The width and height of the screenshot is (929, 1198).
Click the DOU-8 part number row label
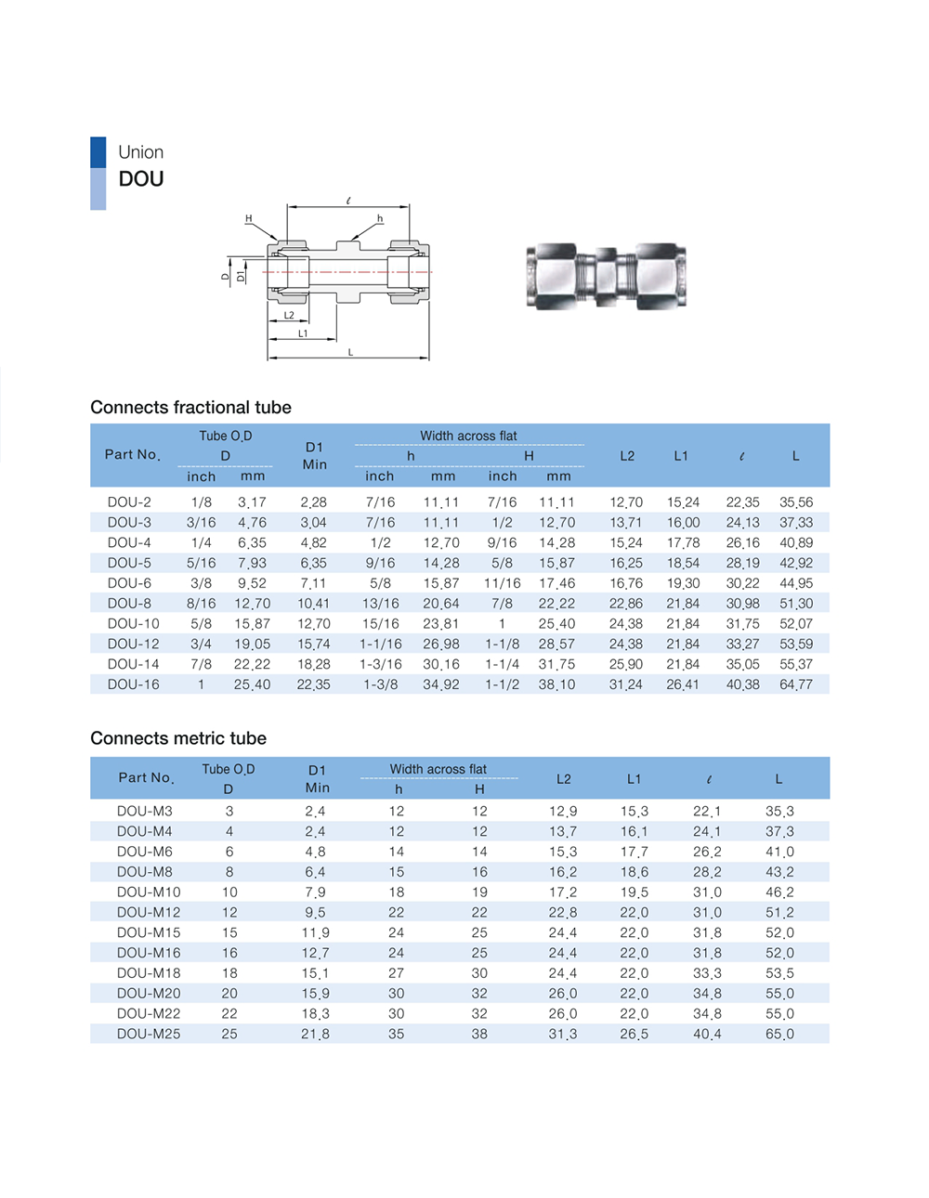pyautogui.click(x=129, y=604)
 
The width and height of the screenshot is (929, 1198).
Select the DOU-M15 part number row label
pyautogui.click(x=149, y=932)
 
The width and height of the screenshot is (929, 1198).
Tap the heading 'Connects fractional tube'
pyautogui.click(x=190, y=408)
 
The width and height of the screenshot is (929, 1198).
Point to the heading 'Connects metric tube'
pyautogui.click(x=178, y=738)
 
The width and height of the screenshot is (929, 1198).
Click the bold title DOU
pyautogui.click(x=141, y=179)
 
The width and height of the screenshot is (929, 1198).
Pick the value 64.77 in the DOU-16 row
pyautogui.click(x=796, y=684)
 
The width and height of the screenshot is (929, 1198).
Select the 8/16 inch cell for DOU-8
pyautogui.click(x=201, y=604)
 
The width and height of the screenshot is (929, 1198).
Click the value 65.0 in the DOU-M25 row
pyautogui.click(x=779, y=1034)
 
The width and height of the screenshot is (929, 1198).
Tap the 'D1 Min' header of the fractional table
pyautogui.click(x=314, y=456)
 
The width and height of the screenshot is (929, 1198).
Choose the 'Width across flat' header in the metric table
pyautogui.click(x=438, y=769)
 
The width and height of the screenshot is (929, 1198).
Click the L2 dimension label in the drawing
pyautogui.click(x=289, y=316)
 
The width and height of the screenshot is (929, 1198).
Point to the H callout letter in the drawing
pyautogui.click(x=248, y=218)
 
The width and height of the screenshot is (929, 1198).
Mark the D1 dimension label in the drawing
pyautogui.click(x=242, y=276)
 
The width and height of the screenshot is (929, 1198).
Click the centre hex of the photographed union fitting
pyautogui.click(x=606, y=276)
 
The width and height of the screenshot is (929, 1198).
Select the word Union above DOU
pyautogui.click(x=140, y=152)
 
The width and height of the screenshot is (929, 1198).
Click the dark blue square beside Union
pyautogui.click(x=98, y=152)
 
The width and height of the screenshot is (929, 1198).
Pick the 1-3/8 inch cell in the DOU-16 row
pyautogui.click(x=380, y=684)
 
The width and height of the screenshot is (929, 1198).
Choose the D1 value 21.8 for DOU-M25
pyautogui.click(x=314, y=1034)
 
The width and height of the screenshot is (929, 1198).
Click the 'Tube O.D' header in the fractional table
pyautogui.click(x=225, y=436)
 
